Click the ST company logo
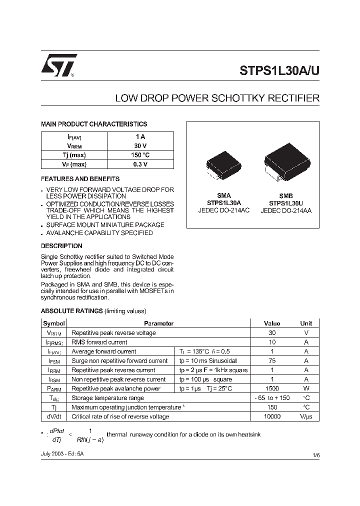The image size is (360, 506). pos(58,65)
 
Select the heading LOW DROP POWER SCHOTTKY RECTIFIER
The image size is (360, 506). pos(217,98)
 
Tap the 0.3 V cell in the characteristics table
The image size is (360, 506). pos(140,164)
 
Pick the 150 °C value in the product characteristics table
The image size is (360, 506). pos(140,155)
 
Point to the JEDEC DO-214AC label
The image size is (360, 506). pos(224,211)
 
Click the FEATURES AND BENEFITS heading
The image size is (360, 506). pos(80,178)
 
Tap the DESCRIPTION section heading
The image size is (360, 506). pos(61,246)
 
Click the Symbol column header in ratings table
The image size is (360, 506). pos(54,323)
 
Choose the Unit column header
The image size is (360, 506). pos(306,323)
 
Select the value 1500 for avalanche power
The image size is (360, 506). pos(271,388)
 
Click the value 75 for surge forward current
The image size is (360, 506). pos(271,360)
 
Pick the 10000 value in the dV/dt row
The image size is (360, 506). pos(271,416)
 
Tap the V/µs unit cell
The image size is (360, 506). pos(306,416)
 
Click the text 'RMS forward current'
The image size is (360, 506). pos(99,342)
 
